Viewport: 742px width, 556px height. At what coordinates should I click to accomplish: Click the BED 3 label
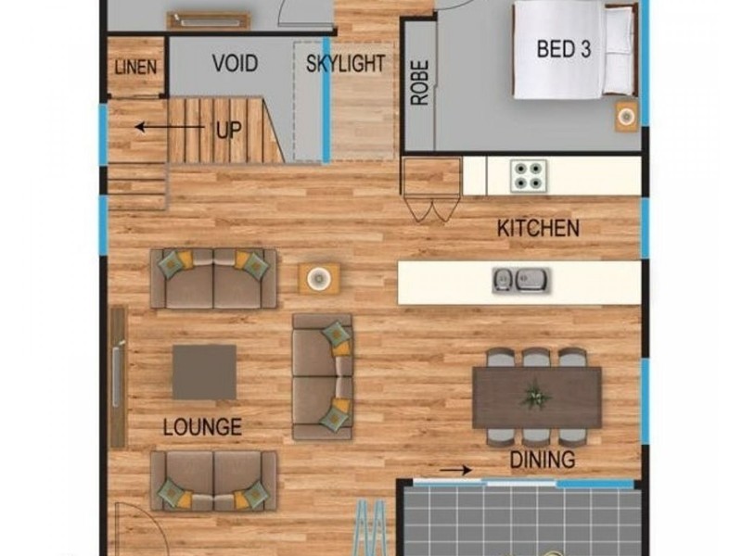tap(564, 49)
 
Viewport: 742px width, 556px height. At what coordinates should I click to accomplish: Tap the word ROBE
tap(420, 82)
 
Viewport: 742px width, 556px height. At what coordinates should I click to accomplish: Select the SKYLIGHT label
tap(345, 64)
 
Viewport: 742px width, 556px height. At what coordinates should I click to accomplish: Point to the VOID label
tap(235, 63)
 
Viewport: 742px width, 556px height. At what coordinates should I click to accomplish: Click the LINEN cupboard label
tap(135, 67)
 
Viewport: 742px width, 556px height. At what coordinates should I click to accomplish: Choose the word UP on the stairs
tap(228, 130)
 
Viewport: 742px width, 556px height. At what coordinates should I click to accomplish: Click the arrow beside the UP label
tap(170, 127)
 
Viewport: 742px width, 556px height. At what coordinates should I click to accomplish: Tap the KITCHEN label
tap(538, 228)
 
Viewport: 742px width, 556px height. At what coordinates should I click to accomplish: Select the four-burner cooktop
tap(529, 176)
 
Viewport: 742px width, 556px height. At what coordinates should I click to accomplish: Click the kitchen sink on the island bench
tap(520, 280)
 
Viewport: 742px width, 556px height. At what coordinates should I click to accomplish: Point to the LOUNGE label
tap(202, 427)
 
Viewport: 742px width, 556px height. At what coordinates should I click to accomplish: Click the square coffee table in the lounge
tap(204, 373)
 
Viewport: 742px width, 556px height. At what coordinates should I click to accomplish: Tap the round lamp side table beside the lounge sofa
tap(319, 279)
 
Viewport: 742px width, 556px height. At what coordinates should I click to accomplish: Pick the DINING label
tap(543, 460)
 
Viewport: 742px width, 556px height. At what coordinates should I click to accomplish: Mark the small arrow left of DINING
tap(455, 470)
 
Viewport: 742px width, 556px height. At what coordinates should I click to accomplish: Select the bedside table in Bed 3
tap(627, 117)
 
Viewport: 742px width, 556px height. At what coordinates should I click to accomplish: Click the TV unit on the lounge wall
tap(118, 377)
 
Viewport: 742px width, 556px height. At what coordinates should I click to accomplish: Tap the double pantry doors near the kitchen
tap(432, 208)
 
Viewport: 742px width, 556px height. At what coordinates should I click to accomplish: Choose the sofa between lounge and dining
tap(322, 376)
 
